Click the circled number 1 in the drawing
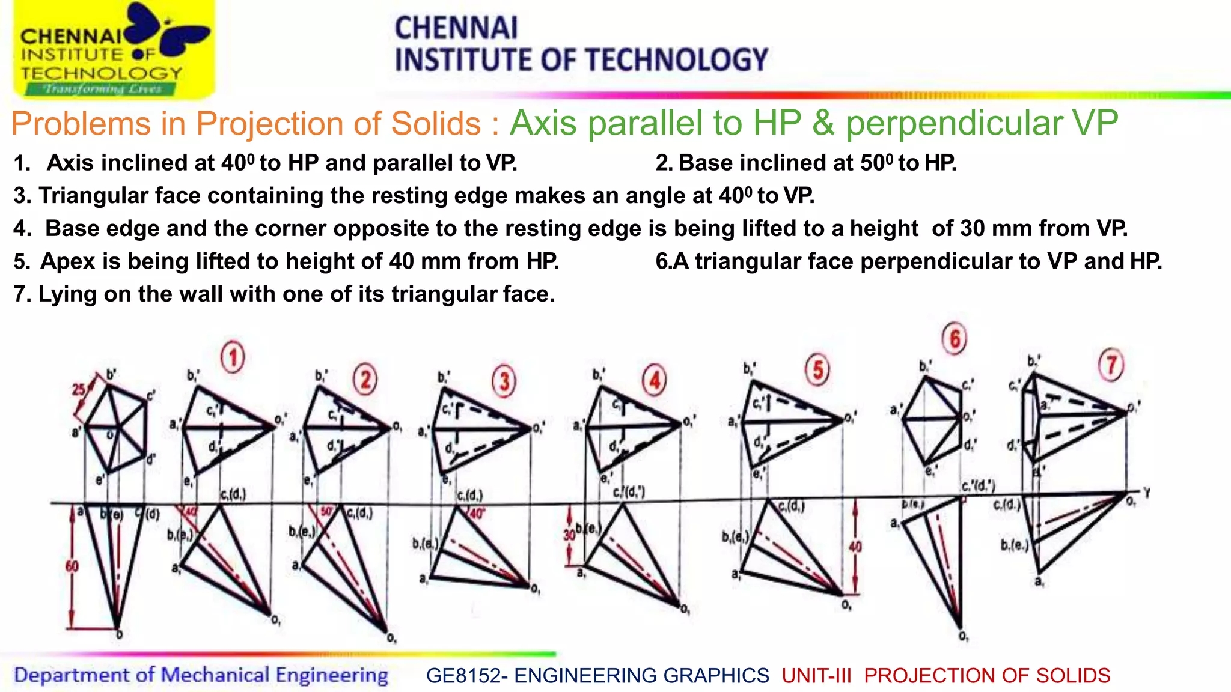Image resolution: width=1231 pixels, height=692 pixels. [x=233, y=357]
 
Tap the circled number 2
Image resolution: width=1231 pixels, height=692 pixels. [x=365, y=380]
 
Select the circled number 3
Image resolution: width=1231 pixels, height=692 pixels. [x=504, y=381]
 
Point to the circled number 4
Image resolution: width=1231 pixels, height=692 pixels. [x=655, y=380]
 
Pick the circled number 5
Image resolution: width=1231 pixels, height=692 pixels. [x=817, y=370]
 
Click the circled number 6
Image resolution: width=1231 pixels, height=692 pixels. [x=955, y=339]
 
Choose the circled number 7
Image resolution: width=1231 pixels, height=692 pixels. [x=1111, y=365]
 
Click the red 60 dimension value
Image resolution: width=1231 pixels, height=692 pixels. [x=72, y=566]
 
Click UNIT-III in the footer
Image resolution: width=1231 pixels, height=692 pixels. [x=816, y=676]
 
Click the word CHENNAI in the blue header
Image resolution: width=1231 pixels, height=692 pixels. [x=456, y=28]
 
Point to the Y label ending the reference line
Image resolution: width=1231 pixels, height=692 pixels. [x=1146, y=493]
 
